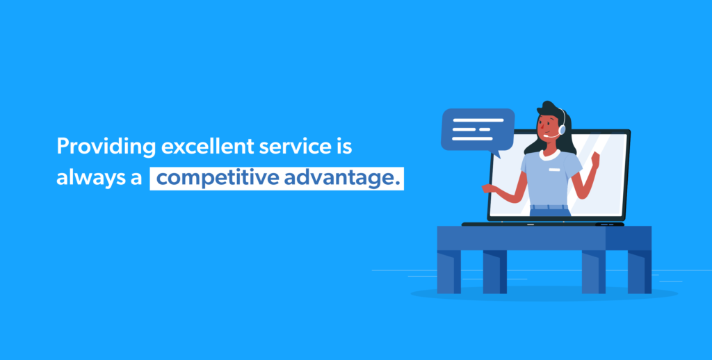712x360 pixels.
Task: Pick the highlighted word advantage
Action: [342, 178]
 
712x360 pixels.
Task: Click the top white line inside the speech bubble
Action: [478, 120]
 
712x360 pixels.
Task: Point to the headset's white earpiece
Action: [562, 130]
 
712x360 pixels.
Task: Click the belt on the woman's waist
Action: [549, 206]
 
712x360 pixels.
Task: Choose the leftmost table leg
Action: [448, 271]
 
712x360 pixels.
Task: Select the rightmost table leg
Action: [639, 271]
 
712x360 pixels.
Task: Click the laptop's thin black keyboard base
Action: [542, 224]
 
